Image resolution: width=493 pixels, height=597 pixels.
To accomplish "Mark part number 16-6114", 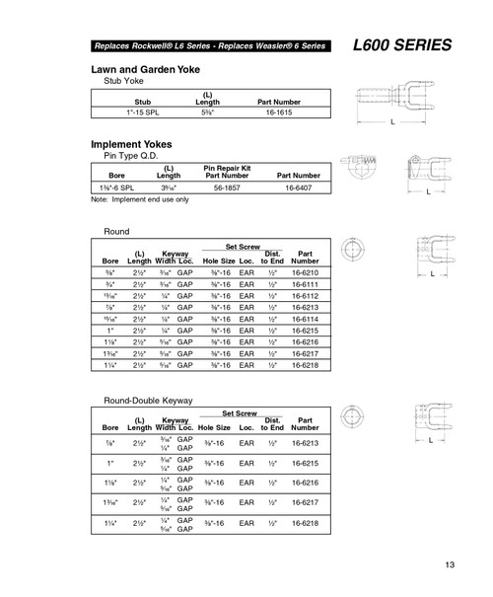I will tap(306, 318).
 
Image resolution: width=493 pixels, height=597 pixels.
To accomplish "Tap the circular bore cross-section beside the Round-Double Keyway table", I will tap(352, 415).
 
